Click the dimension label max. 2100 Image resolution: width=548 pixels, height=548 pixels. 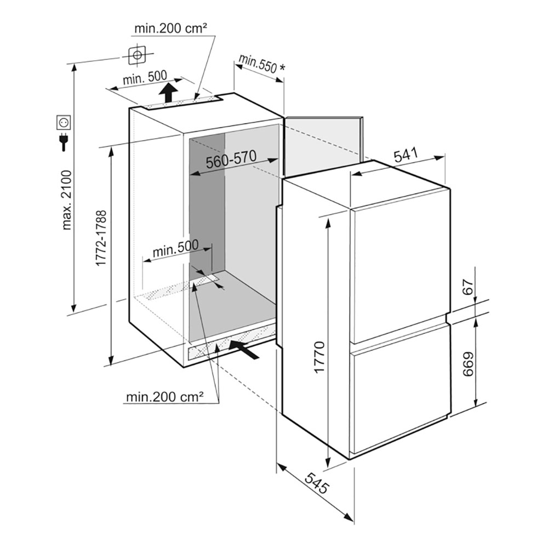[66, 199]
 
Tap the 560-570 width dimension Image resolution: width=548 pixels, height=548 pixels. [231, 160]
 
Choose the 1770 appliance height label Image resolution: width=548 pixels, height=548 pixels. [319, 357]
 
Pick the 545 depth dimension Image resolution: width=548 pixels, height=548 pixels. [317, 483]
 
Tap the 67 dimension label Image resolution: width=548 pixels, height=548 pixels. [469, 287]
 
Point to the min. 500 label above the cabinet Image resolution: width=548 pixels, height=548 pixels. [145, 78]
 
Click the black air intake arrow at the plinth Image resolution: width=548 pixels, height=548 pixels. [244, 350]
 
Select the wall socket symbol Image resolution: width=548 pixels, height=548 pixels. [64, 122]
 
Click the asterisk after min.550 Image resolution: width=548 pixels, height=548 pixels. [282, 67]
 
